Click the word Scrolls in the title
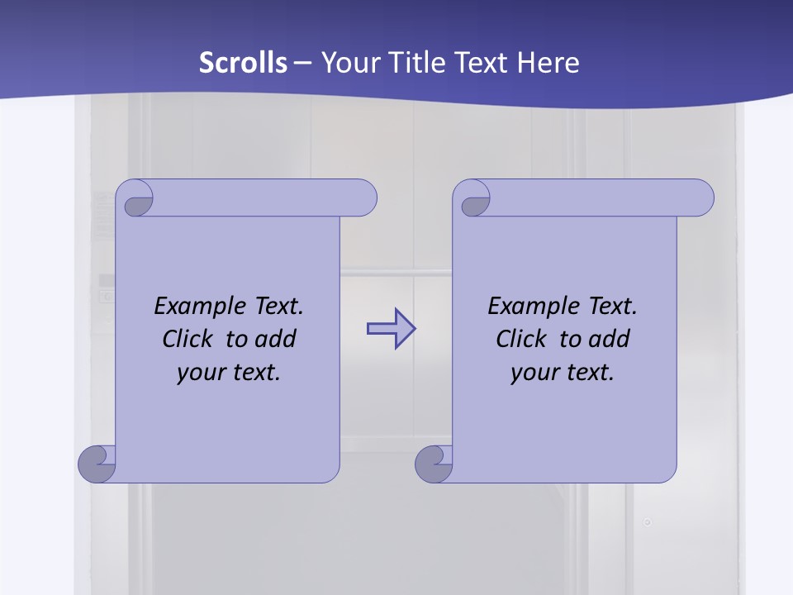[x=244, y=63]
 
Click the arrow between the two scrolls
[x=391, y=329]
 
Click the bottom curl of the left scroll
[x=97, y=464]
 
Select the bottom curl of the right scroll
[x=434, y=464]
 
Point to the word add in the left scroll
[x=275, y=339]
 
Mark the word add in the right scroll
[x=609, y=339]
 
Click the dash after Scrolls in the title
[x=302, y=63]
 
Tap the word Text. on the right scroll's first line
[x=612, y=307]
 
